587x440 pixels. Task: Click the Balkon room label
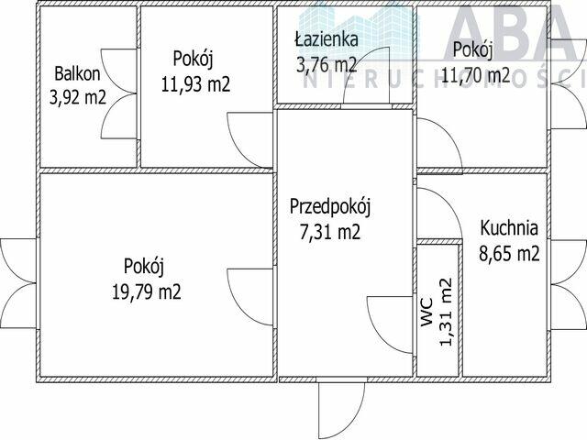(76, 73)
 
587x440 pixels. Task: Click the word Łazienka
(325, 40)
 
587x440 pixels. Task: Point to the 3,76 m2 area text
(326, 64)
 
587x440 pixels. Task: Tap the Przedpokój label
(330, 206)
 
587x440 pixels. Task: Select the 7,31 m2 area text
(330, 231)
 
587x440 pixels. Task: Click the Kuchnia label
(510, 229)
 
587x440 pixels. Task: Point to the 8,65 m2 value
(510, 253)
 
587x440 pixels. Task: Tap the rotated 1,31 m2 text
(447, 312)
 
